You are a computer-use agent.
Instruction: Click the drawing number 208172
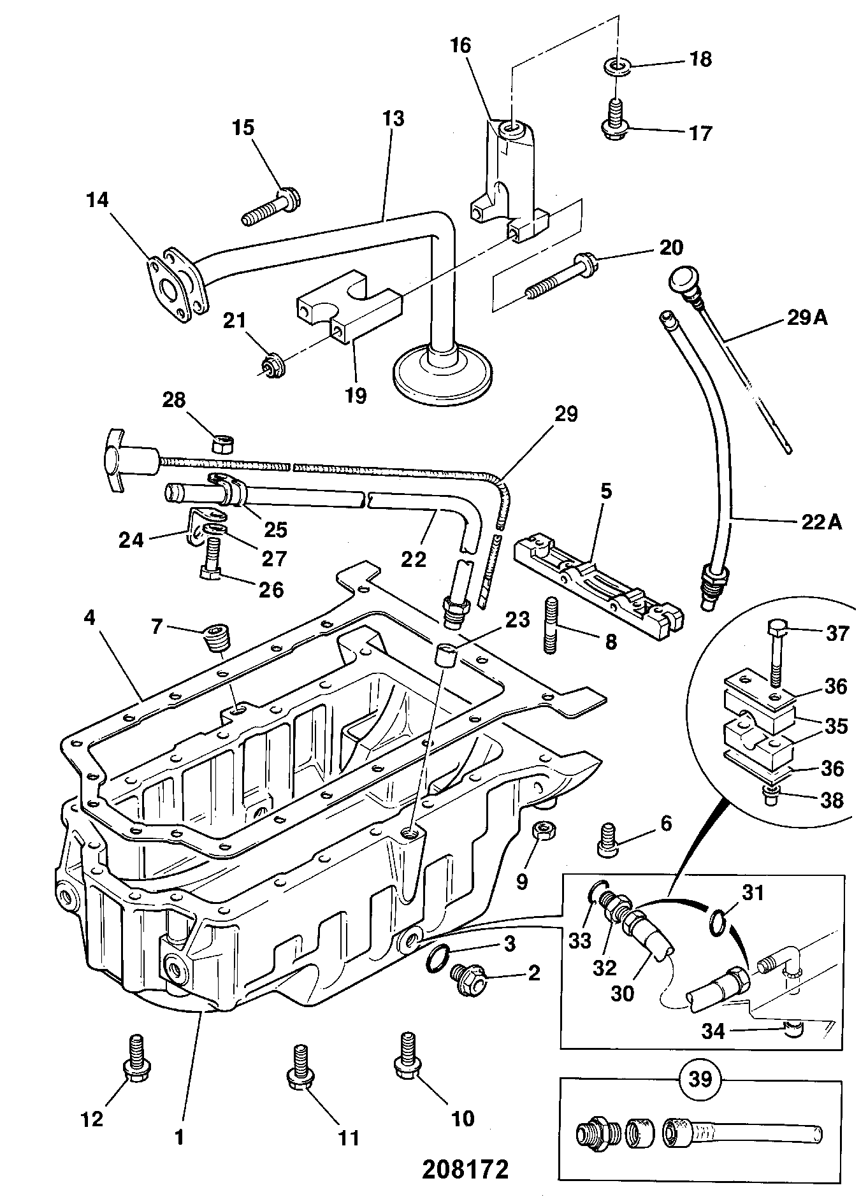pyautogui.click(x=465, y=1169)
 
